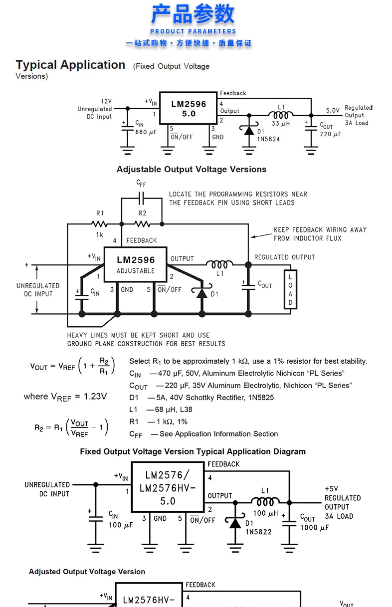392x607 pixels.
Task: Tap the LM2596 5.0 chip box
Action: (188, 108)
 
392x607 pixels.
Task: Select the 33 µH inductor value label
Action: (281, 124)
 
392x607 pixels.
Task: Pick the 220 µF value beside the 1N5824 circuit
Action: (330, 134)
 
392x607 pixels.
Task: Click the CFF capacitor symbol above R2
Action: (141, 198)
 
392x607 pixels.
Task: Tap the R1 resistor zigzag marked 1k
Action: (99, 224)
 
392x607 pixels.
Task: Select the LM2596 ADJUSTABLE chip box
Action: (135, 264)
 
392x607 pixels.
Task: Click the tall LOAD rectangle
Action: (290, 289)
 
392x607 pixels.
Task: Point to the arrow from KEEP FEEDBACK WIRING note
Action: (261, 235)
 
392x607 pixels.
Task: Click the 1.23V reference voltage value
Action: (95, 396)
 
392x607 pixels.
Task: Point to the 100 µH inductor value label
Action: (266, 513)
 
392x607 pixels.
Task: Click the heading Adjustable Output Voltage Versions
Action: (191, 169)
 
